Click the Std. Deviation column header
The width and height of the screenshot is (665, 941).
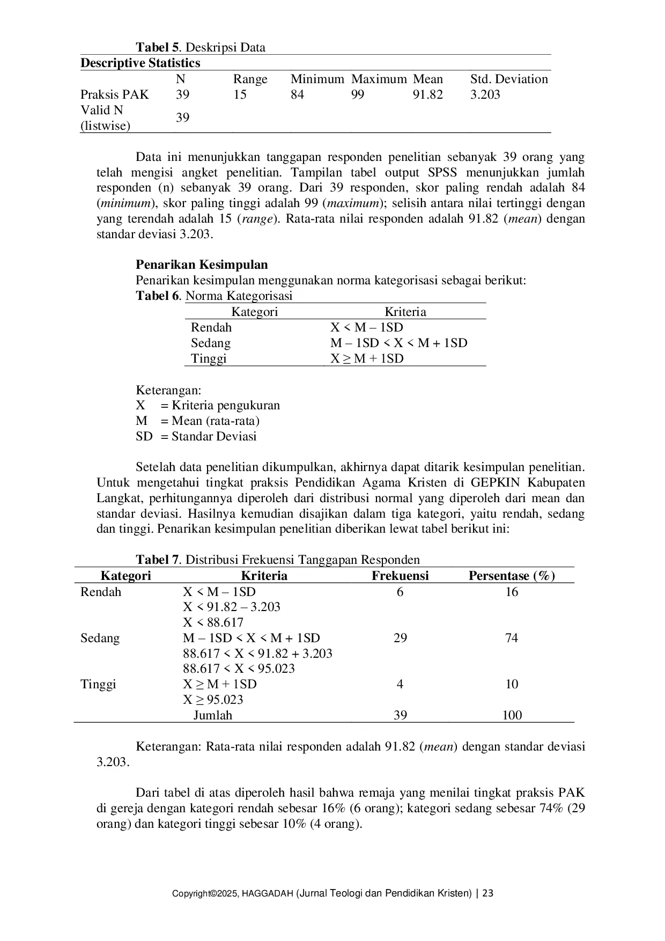(509, 79)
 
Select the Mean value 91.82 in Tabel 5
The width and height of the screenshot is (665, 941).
(427, 95)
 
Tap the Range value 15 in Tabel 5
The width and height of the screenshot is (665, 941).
(240, 95)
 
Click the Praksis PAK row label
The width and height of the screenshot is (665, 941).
(114, 95)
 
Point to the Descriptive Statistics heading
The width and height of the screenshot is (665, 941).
(140, 63)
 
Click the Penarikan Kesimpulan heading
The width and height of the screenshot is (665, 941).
(202, 265)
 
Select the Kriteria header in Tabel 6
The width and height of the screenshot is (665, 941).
(405, 312)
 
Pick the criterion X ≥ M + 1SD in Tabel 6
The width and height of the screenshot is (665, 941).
(367, 359)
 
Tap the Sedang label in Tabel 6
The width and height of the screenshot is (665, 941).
(210, 343)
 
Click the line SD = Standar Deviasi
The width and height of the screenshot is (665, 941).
(196, 437)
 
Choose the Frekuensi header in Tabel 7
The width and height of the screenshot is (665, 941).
(400, 576)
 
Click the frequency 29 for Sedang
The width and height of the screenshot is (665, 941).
(400, 638)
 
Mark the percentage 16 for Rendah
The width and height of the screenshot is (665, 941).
(512, 592)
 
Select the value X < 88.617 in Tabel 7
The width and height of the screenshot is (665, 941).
(213, 623)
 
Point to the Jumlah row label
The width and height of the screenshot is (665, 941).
(212, 715)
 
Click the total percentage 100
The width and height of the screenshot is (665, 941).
(512, 715)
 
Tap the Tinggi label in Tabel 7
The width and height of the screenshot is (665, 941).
(98, 685)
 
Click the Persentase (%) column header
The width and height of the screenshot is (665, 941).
(512, 576)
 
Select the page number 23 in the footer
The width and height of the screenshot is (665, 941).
(487, 894)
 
